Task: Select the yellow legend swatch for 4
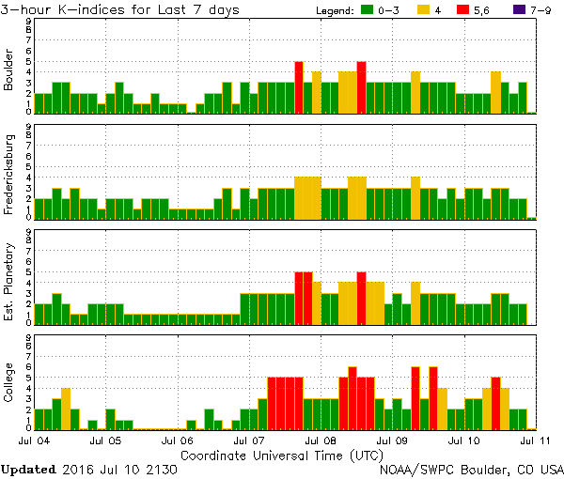tap(424, 9)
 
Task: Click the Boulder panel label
tap(9, 71)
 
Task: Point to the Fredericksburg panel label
tap(9, 177)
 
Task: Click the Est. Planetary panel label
tap(9, 281)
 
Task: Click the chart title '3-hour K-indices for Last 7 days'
tap(120, 9)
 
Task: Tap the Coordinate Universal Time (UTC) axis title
tap(282, 455)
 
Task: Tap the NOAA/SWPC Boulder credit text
tap(471, 468)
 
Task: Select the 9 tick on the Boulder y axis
tap(29, 21)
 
